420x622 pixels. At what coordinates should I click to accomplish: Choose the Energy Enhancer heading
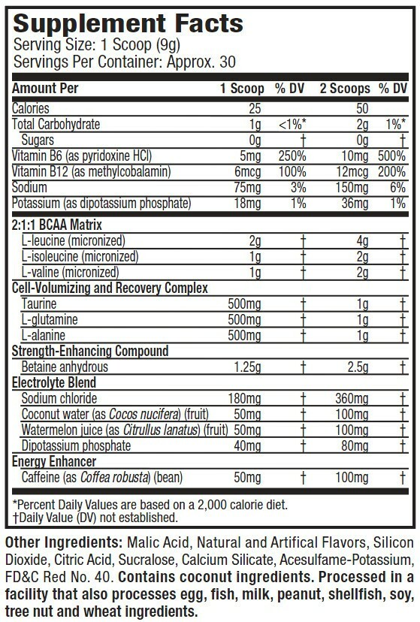[x=50, y=462]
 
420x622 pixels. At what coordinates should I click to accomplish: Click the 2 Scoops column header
[x=346, y=88]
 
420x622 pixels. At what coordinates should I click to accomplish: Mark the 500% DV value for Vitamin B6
[x=393, y=156]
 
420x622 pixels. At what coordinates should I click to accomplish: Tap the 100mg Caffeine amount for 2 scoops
[x=355, y=478]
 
